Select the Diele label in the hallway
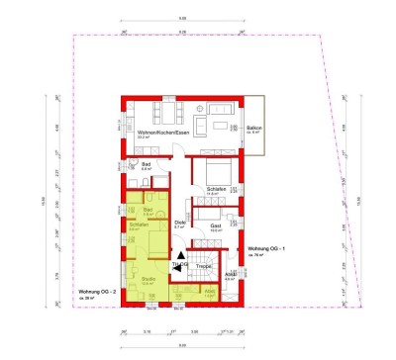(x=180, y=222)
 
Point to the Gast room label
(x=215, y=225)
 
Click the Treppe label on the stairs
(x=204, y=265)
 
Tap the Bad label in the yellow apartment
(x=148, y=209)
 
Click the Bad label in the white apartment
(x=146, y=164)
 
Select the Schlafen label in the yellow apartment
(x=140, y=225)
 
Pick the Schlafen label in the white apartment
(x=217, y=189)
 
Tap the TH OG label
(x=179, y=264)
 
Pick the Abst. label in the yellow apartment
(x=209, y=290)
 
